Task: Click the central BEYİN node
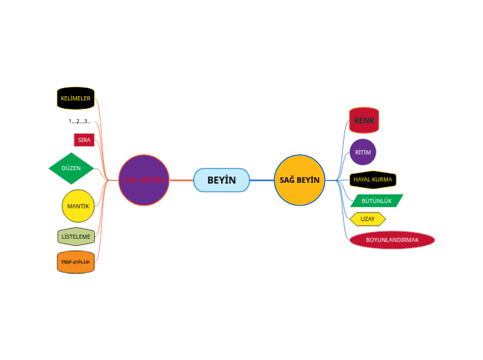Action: click(221, 180)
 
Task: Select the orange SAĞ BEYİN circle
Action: click(299, 180)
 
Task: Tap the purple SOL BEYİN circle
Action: click(143, 180)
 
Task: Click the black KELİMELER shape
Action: click(76, 98)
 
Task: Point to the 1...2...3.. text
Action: click(79, 121)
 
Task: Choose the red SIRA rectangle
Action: click(84, 140)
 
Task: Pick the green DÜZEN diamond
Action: click(71, 168)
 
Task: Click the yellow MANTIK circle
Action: click(78, 206)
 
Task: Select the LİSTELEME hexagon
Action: click(76, 237)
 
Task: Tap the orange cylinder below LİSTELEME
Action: click(76, 262)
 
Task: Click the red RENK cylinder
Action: click(364, 120)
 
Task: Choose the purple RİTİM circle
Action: click(363, 152)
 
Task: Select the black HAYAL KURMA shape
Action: click(373, 180)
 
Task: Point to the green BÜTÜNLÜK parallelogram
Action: click(376, 201)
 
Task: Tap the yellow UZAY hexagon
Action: click(367, 219)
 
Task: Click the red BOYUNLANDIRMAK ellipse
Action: click(392, 240)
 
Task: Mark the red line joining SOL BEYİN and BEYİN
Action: click(181, 180)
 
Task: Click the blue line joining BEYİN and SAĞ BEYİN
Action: click(261, 180)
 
